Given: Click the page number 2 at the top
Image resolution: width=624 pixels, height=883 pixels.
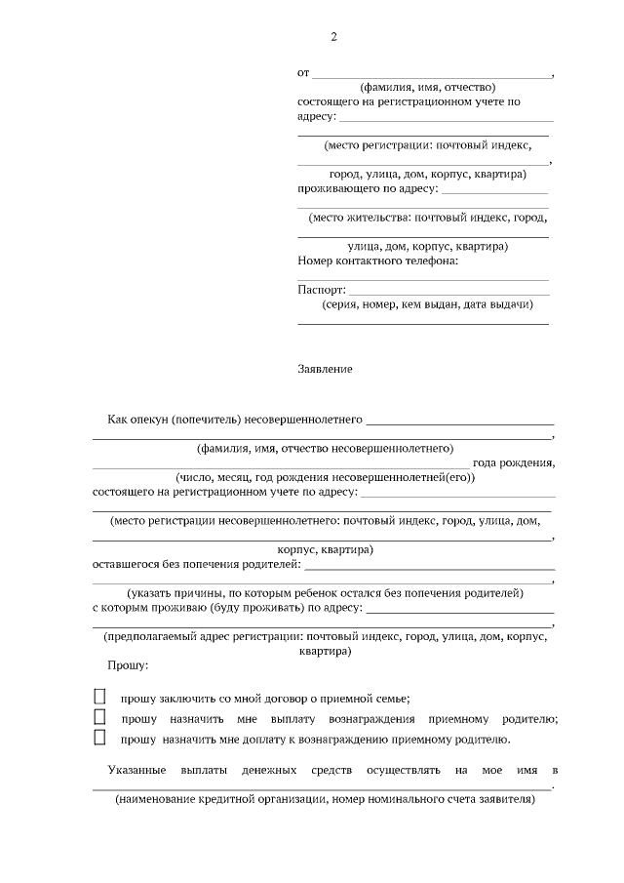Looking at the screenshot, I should tap(333, 37).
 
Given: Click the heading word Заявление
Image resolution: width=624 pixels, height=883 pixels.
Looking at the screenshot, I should tap(325, 370).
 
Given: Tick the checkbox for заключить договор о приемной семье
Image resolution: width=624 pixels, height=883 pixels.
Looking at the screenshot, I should tap(99, 697).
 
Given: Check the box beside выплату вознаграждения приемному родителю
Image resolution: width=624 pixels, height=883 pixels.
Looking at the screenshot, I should tap(99, 717).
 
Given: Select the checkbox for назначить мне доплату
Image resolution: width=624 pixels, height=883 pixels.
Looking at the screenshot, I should tap(99, 738).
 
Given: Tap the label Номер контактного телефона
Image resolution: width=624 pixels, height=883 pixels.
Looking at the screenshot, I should tap(377, 261).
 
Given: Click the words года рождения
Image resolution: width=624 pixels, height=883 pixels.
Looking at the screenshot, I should tap(514, 463).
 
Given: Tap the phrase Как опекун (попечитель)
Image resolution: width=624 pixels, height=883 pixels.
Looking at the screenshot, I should tap(167, 420).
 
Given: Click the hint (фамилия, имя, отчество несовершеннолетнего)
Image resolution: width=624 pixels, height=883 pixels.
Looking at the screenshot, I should tap(325, 449).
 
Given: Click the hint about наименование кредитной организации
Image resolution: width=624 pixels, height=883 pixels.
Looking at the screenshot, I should tap(325, 799).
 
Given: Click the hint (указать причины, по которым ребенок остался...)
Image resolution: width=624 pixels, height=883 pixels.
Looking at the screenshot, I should tap(325, 593).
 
